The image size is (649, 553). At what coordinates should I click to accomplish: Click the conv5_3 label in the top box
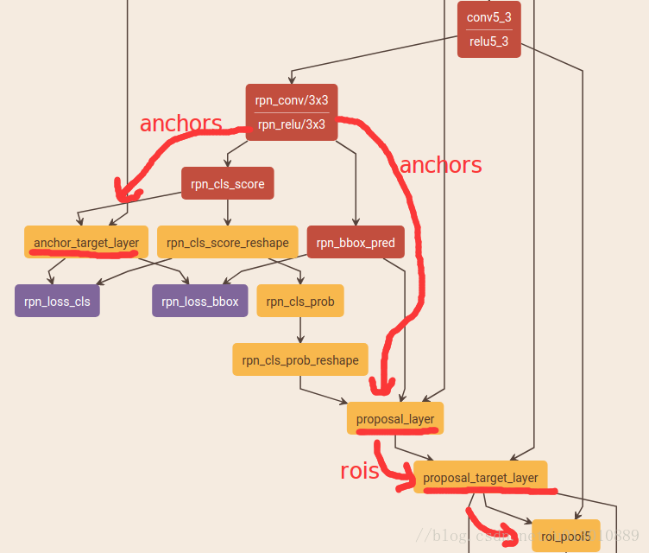pyautogui.click(x=488, y=17)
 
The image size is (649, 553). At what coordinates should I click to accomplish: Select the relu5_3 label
pyautogui.click(x=488, y=40)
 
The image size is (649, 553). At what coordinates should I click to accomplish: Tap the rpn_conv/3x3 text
pyautogui.click(x=291, y=100)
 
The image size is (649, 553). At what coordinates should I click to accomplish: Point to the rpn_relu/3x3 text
pyautogui.click(x=291, y=124)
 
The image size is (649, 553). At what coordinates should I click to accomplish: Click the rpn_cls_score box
pyautogui.click(x=227, y=183)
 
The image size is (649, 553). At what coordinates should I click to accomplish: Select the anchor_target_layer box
pyautogui.click(x=86, y=242)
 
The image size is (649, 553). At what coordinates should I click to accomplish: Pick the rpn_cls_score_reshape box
pyautogui.click(x=228, y=243)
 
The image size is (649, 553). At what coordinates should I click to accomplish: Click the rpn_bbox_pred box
pyautogui.click(x=356, y=243)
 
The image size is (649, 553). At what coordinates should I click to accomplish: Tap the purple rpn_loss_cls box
pyautogui.click(x=57, y=301)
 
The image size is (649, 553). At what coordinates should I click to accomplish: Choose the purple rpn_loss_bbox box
pyautogui.click(x=201, y=301)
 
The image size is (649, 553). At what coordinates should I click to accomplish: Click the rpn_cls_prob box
pyautogui.click(x=299, y=301)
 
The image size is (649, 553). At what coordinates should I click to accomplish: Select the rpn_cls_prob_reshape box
pyautogui.click(x=299, y=359)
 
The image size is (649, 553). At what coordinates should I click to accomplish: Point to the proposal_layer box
pyautogui.click(x=395, y=418)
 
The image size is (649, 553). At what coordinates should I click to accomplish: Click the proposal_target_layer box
pyautogui.click(x=480, y=477)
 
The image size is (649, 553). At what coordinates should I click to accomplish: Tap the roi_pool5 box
pyautogui.click(x=565, y=536)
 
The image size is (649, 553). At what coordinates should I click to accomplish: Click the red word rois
pyautogui.click(x=359, y=471)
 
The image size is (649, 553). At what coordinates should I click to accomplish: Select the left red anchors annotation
pyautogui.click(x=180, y=124)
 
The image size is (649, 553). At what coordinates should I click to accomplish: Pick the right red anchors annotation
pyautogui.click(x=440, y=164)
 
